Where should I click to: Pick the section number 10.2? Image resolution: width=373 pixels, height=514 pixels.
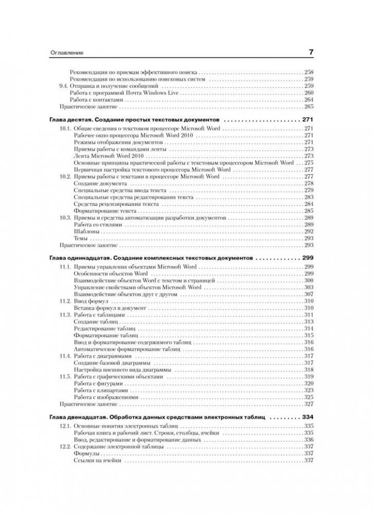pyautogui.click(x=65, y=176)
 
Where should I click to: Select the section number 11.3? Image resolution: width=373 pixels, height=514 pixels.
pyautogui.click(x=65, y=314)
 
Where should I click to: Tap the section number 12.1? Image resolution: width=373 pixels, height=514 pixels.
pyautogui.click(x=65, y=426)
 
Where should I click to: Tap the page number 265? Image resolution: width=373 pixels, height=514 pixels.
pyautogui.click(x=309, y=107)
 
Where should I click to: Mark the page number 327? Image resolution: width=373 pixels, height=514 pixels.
pyautogui.click(x=309, y=404)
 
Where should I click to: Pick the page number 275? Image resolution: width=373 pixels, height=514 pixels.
pyautogui.click(x=309, y=162)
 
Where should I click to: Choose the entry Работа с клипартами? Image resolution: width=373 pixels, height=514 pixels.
pyautogui.click(x=99, y=390)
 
